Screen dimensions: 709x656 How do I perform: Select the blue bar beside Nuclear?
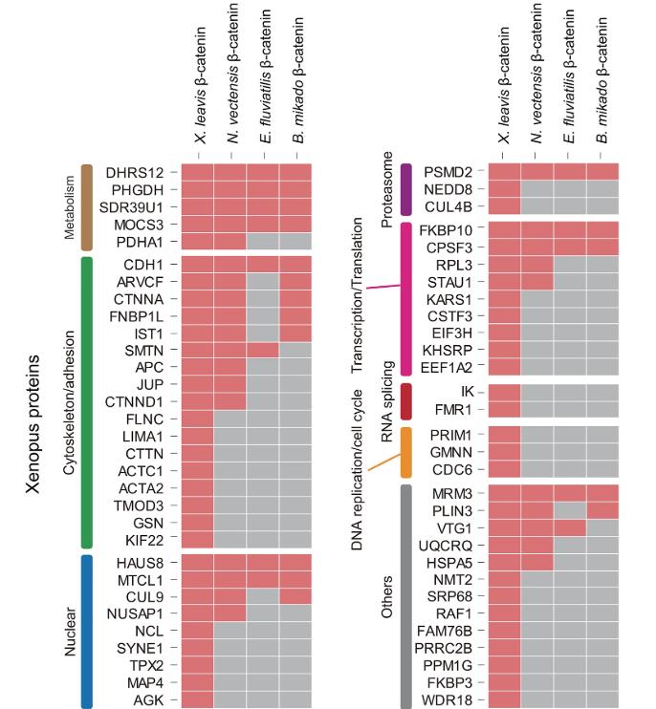click(x=86, y=632)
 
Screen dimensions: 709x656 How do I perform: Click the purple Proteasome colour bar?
click(x=405, y=188)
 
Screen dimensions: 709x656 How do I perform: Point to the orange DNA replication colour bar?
click(x=405, y=452)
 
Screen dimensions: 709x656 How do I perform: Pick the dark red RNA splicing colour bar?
click(x=405, y=400)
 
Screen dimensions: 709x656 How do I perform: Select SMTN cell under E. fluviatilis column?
click(x=263, y=351)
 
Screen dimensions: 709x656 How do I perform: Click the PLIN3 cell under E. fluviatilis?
click(x=569, y=510)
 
